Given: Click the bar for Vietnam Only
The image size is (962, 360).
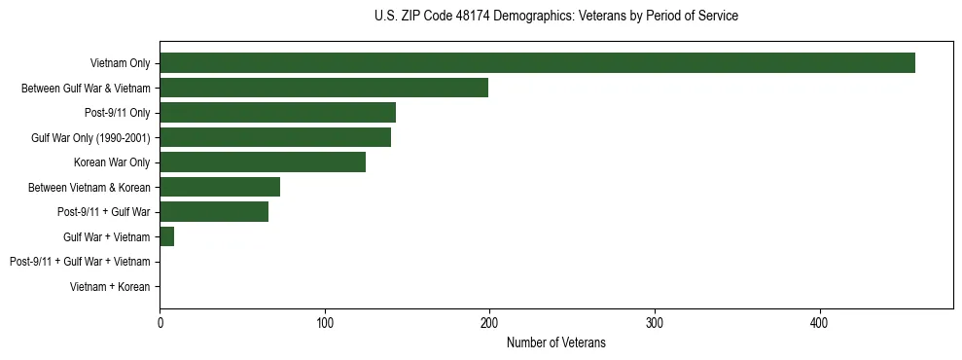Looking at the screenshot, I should tap(537, 63).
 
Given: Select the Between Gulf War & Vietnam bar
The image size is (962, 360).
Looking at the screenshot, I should tap(324, 89).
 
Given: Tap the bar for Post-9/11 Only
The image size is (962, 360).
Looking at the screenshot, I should tap(277, 113).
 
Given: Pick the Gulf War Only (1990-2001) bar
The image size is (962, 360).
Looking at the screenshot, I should tap(275, 138).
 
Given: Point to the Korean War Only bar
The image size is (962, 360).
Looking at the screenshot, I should tap(263, 162).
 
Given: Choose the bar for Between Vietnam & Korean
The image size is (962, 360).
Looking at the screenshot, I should tap(220, 187).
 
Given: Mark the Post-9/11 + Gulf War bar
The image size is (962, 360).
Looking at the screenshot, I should tap(214, 212).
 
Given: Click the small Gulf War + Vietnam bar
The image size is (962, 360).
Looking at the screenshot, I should tap(167, 236).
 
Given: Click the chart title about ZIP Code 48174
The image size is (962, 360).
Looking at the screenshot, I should tap(555, 17).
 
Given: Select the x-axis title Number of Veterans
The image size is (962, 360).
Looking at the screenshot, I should tap(555, 342).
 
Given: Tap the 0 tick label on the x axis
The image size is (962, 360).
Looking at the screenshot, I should tap(160, 322).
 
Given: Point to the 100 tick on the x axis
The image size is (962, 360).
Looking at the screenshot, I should tap(325, 322).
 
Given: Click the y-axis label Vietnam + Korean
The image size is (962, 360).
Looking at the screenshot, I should tap(110, 287).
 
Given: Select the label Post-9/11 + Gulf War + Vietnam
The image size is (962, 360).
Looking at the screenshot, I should tap(80, 262).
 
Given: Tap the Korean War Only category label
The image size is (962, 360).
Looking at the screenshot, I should tap(112, 162).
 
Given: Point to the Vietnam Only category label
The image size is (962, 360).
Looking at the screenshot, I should tap(120, 63).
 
